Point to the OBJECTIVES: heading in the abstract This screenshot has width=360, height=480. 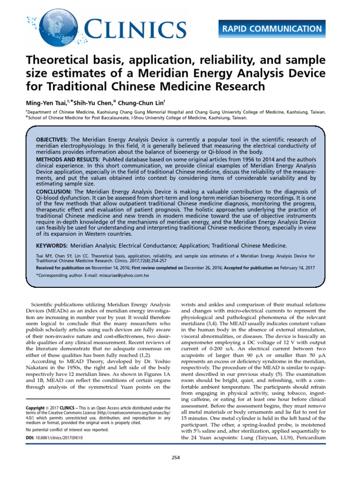pyautogui.click(x=52, y=140)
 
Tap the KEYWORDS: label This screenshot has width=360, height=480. pyautogui.click(x=52, y=245)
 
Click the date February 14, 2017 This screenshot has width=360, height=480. pyautogui.click(x=294, y=267)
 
